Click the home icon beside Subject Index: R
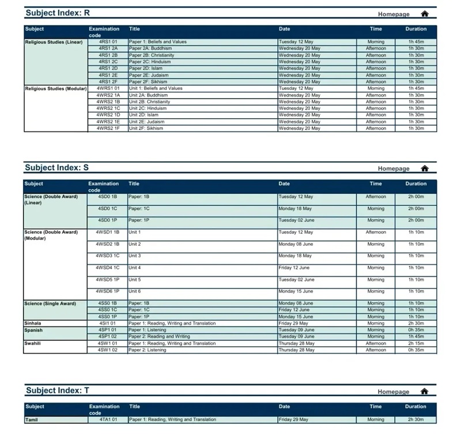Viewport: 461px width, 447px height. pos(425,13)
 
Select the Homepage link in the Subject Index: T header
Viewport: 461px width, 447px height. pos(394,392)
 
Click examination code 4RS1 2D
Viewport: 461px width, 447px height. pos(108,68)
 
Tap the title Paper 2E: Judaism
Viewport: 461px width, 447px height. pos(149,75)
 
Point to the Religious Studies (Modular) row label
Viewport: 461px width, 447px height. pos(54,88)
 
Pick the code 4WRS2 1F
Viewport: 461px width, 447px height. pos(108,128)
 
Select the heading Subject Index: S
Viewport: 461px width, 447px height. pos(56,167)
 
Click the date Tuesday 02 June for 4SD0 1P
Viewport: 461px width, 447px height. pos(296,220)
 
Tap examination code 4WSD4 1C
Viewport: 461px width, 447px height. pos(108,268)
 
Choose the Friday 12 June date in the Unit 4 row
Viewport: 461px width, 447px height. pos(294,268)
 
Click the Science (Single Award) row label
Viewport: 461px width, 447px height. pos(50,303)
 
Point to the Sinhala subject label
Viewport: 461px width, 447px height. pos(33,323)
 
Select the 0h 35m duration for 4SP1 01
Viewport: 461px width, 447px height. pos(415,330)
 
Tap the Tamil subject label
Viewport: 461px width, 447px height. pos(31,419)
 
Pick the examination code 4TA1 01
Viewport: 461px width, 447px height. pos(108,419)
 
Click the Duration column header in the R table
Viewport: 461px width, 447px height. pos(415,29)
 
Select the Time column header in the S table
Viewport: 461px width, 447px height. pos(376,183)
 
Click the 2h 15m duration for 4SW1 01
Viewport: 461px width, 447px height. pos(415,343)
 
